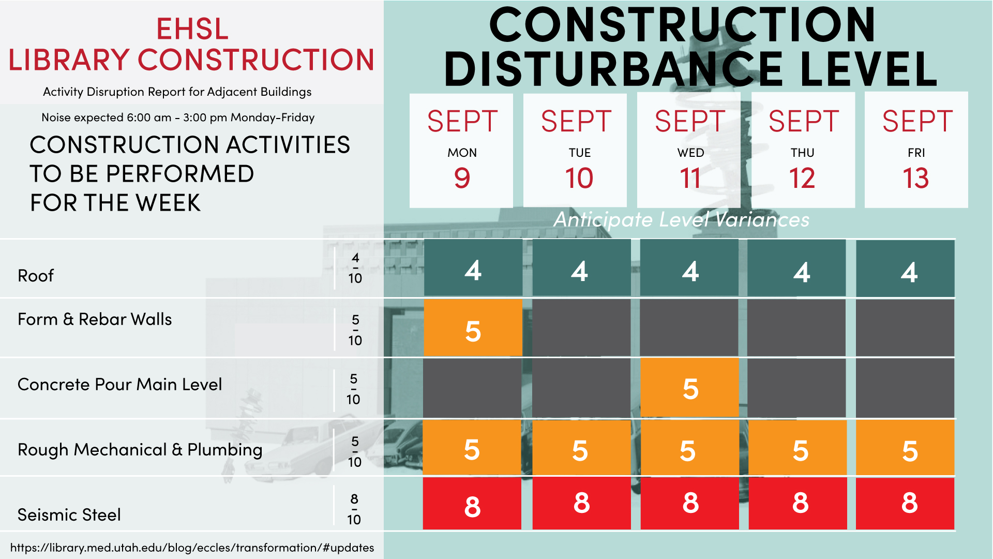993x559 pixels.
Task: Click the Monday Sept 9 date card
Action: tap(461, 151)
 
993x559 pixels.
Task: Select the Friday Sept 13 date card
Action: tap(916, 150)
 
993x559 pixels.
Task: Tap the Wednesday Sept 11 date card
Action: tap(689, 151)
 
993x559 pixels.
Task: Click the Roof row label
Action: tap(36, 276)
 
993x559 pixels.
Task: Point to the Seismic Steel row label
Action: tap(69, 515)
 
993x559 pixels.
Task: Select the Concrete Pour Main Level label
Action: tap(120, 385)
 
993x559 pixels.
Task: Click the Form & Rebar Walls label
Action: tap(95, 319)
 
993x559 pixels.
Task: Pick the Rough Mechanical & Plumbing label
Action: tap(140, 450)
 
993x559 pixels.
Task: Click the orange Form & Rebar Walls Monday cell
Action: tap(473, 328)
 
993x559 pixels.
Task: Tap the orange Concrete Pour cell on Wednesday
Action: tap(689, 387)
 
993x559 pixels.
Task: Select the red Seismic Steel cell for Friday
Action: tap(905, 504)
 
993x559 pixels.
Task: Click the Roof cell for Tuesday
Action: tap(581, 268)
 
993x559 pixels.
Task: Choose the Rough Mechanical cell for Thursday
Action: tap(798, 448)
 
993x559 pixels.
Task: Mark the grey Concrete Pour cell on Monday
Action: tap(472, 388)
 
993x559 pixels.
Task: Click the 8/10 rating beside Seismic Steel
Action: tap(354, 509)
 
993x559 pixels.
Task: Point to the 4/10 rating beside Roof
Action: tap(355, 268)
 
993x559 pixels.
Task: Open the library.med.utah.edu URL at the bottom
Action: tap(192, 548)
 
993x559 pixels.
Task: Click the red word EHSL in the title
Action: tap(192, 28)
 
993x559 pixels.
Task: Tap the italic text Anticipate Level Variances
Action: tap(682, 220)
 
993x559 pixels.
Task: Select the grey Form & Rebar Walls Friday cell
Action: tap(905, 328)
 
